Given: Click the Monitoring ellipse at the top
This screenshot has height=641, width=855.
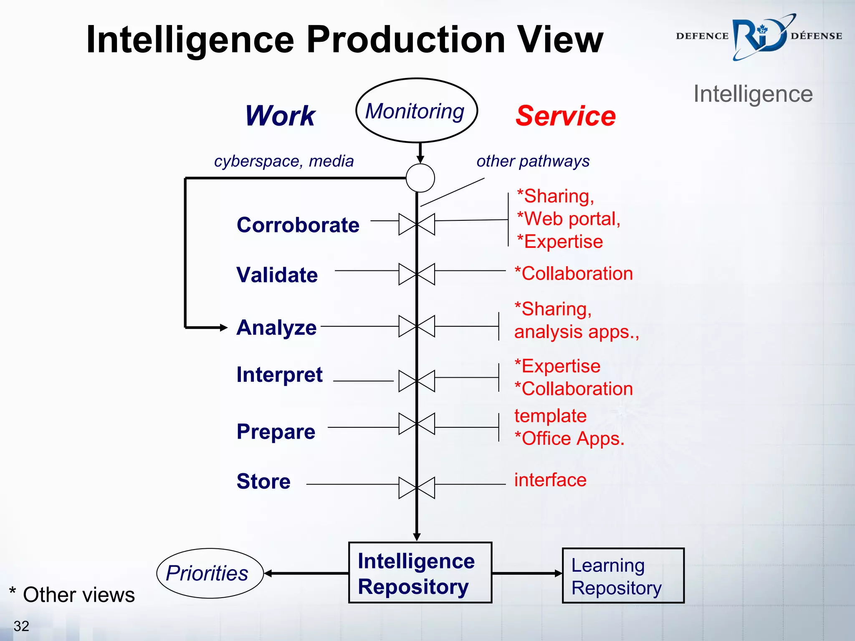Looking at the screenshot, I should (416, 111).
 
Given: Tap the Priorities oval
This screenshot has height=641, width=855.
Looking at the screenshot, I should (210, 573).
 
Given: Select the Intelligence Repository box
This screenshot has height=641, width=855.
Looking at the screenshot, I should (420, 573).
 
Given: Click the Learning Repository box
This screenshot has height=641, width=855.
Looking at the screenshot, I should (623, 575).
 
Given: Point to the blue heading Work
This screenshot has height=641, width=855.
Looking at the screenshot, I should (280, 116).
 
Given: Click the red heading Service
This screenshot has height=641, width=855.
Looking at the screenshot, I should (565, 116).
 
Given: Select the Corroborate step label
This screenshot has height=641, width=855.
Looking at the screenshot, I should (298, 225).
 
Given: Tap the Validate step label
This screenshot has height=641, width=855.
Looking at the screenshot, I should (277, 275).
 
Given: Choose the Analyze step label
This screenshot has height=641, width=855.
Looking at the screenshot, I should (276, 327).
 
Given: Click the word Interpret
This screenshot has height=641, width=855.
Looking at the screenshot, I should (279, 374).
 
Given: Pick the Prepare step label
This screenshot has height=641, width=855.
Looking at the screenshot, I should (276, 431).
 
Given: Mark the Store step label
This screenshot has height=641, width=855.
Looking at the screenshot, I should (263, 481).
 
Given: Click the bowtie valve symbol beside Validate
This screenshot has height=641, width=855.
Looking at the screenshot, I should (417, 274).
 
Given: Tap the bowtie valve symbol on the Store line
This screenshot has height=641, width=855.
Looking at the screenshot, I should (417, 488).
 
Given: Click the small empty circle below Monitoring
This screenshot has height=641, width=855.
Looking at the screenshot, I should (420, 178).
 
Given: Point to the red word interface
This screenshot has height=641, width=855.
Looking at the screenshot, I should (550, 480).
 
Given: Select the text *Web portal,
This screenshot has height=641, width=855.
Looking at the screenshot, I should (568, 219).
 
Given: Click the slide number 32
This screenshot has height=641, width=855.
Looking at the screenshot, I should (21, 626).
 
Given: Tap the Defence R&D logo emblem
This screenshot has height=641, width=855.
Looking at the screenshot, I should (761, 37).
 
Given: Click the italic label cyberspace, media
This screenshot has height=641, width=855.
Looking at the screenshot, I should (283, 161).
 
